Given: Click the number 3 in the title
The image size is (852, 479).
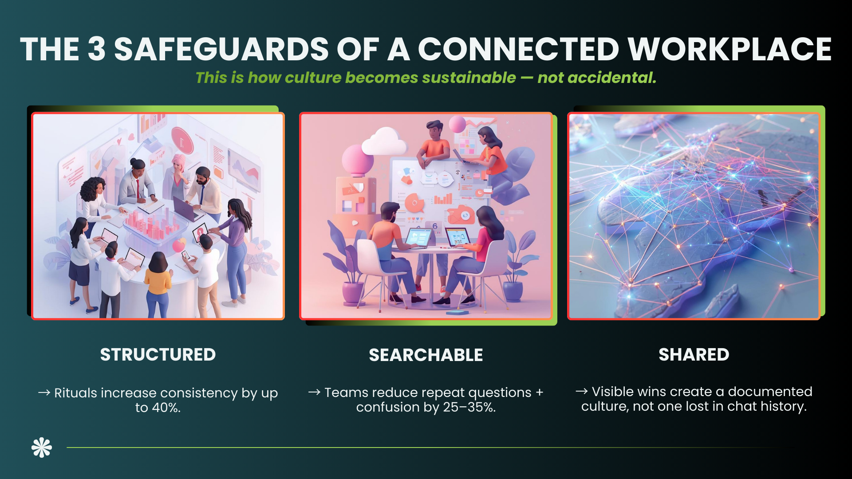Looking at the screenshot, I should [97, 49].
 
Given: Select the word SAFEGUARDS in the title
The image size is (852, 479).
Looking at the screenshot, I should [221, 49].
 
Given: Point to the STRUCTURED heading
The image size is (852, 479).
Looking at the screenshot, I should [158, 355].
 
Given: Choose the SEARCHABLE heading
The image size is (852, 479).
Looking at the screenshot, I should [426, 355].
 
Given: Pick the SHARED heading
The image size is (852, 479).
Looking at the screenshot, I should [694, 355].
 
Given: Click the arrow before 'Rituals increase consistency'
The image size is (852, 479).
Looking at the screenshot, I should [44, 393].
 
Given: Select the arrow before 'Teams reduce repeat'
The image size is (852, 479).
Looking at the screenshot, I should [314, 392].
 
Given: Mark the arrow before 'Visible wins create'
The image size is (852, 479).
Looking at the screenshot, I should [581, 391].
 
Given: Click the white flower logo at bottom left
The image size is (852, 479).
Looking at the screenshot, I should [42, 448].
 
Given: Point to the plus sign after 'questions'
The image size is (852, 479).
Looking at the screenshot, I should [539, 393].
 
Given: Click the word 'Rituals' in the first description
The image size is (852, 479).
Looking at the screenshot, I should [75, 393].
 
